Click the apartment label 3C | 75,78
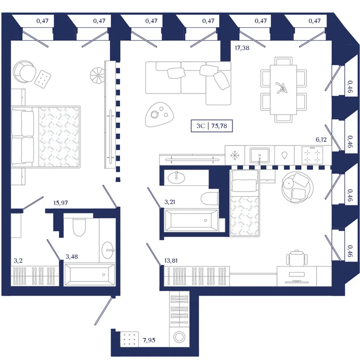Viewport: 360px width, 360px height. coord(212,126)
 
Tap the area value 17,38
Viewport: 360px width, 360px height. coord(242,48)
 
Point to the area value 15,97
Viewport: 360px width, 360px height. coord(60,203)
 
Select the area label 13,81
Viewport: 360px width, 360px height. coord(171,261)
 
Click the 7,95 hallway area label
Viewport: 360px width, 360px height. coord(149,340)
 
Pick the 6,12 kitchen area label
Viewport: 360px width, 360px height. coord(321,139)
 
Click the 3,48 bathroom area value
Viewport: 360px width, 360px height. coord(72,256)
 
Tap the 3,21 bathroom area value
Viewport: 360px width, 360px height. coord(169,202)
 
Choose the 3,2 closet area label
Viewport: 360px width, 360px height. coord(18,260)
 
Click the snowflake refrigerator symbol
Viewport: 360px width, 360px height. coord(235,156)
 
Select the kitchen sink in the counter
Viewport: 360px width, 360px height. coord(260,156)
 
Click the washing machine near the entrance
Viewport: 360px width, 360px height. coord(179,337)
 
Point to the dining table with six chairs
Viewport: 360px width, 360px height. coord(283,90)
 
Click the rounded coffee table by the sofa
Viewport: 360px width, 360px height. coord(159,114)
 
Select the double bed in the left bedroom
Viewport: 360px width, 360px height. coord(46,136)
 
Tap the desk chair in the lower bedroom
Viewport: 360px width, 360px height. coord(297,258)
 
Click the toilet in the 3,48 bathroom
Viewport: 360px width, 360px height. coord(79,227)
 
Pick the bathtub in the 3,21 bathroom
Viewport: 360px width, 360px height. coord(192,220)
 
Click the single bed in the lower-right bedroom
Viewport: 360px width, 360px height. coord(245,203)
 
